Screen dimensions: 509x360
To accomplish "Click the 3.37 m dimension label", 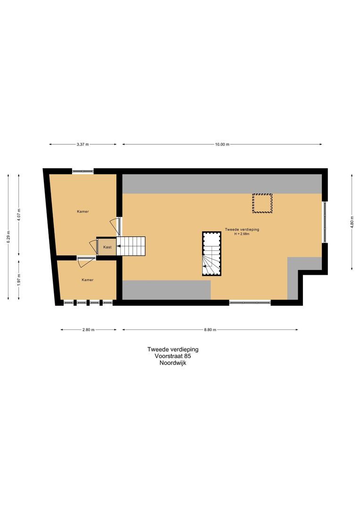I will tap(83, 145).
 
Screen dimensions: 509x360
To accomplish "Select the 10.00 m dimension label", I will tap(222, 145).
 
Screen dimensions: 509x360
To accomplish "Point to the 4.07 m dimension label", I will tap(19, 215).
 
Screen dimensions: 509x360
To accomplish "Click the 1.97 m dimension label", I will tap(19, 279).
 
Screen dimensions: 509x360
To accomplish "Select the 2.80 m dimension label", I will tap(89, 330).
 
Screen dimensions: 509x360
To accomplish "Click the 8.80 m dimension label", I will tap(210, 330).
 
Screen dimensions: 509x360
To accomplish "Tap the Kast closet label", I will tap(107, 247).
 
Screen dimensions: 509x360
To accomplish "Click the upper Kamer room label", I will tap(83, 212).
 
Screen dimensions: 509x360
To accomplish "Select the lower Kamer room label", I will tap(87, 280).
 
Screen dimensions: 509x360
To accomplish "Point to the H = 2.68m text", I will tap(242, 234).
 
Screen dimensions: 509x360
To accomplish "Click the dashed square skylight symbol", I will tap(262, 204).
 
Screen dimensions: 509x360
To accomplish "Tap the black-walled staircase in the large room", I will tap(212, 254).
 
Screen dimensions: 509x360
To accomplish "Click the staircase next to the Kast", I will tap(132, 246).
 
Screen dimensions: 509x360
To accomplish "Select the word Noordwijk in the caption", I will tap(173, 363).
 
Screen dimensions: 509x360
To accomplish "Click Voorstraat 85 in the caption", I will tap(173, 356).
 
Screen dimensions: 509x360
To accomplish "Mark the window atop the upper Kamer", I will tap(83, 171).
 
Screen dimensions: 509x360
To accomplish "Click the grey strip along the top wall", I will tap(221, 183).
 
